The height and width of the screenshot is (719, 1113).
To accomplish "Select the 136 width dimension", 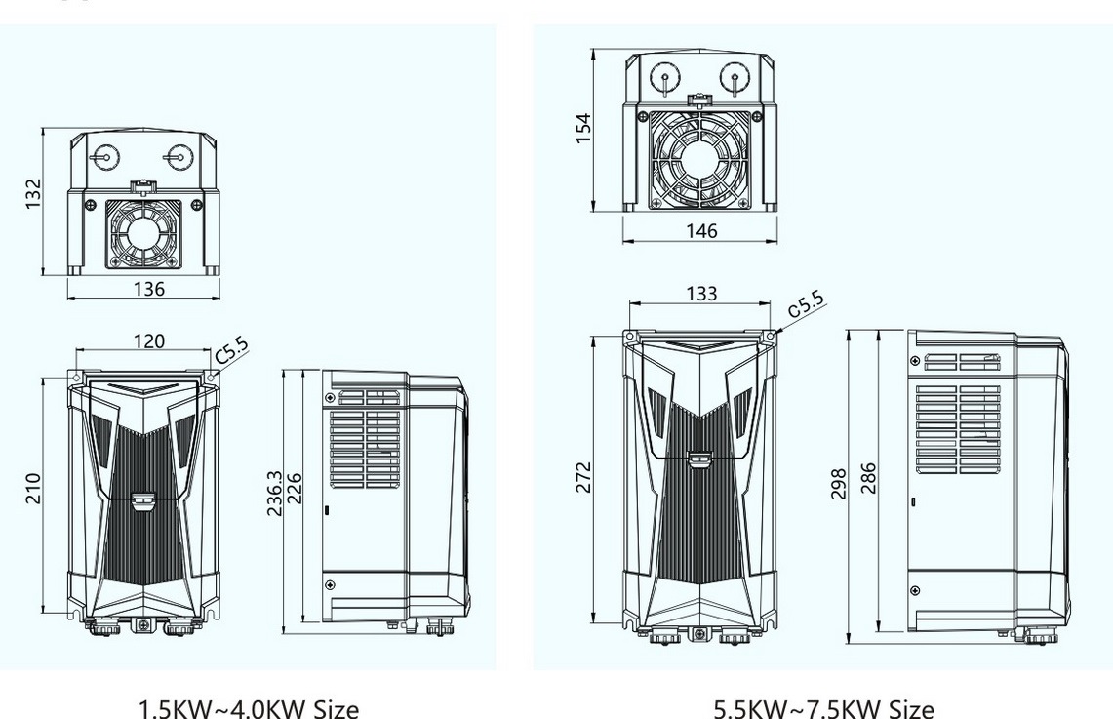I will (x=148, y=289).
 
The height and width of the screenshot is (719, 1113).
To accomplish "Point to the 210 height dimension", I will (x=32, y=487).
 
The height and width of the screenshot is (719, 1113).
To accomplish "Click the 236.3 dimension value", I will (x=276, y=493).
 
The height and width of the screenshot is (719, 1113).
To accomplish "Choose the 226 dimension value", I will (x=294, y=493).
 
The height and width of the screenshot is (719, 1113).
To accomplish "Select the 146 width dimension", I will (x=700, y=230).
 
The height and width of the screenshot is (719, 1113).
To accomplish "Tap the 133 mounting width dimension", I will (x=700, y=293).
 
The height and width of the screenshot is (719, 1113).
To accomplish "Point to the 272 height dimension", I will (x=583, y=479).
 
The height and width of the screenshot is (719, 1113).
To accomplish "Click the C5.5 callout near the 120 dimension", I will (x=231, y=351).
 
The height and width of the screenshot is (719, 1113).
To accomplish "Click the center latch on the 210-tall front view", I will (x=142, y=502).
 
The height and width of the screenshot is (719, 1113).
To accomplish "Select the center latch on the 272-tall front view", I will (x=698, y=459).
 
